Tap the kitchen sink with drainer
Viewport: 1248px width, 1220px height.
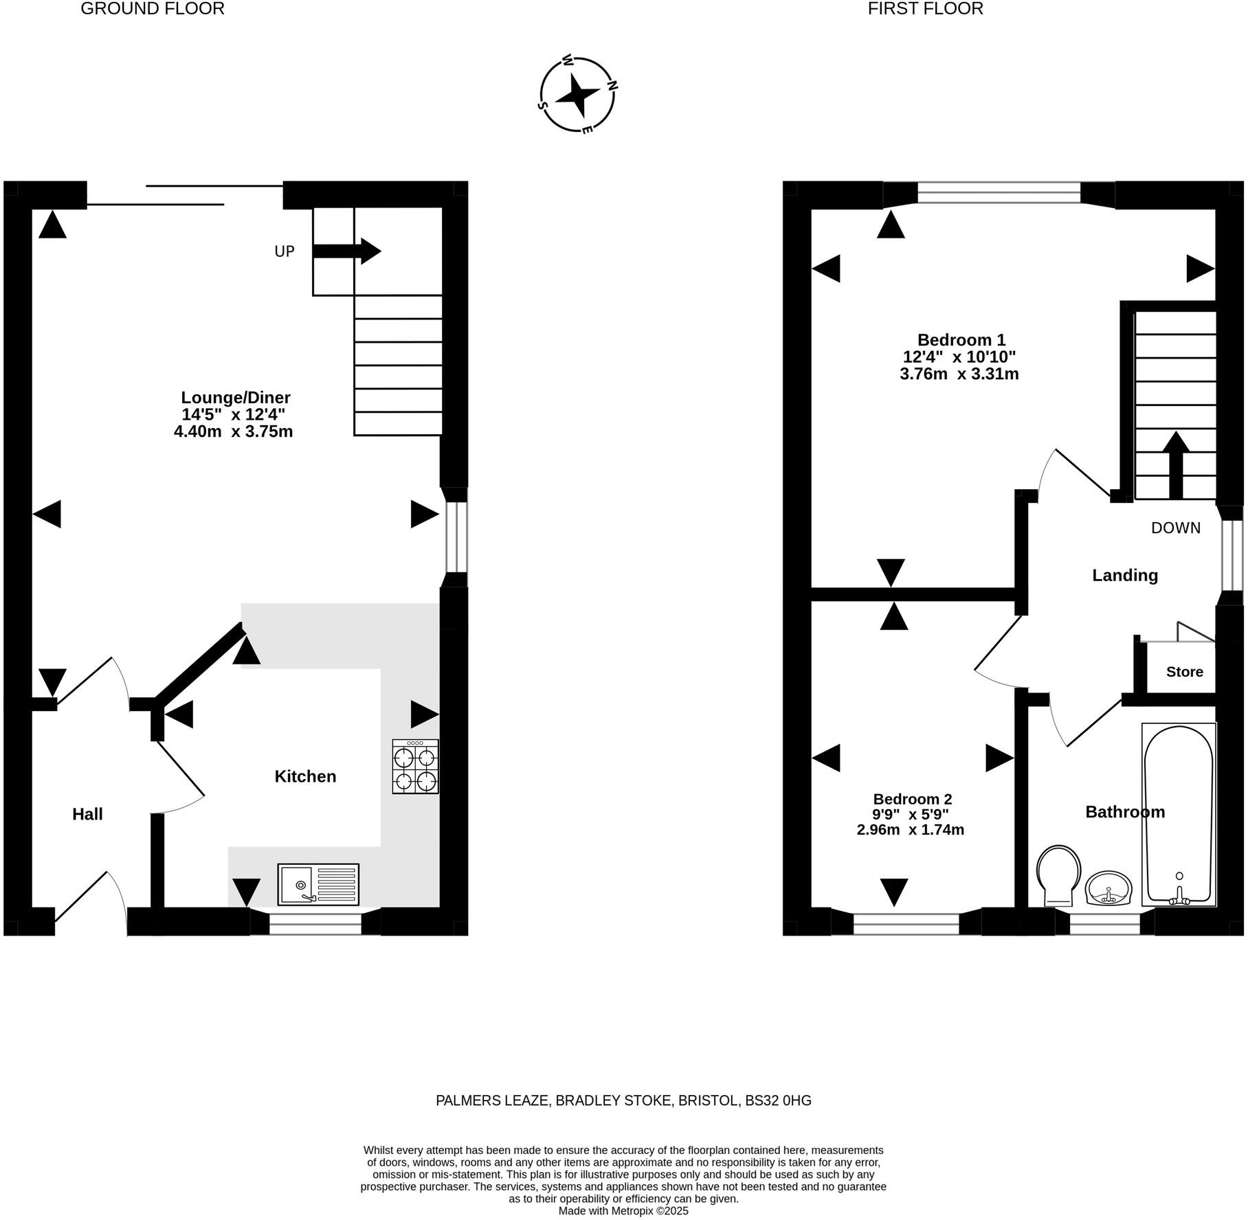coord(318,884)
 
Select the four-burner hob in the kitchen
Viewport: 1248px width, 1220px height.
coord(415,766)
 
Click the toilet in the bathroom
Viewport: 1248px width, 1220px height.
coord(1058,874)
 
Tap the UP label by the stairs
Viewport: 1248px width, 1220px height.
coord(285,251)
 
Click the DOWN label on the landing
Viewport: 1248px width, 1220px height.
coord(1176,528)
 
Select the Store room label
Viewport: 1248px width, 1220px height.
coord(1184,672)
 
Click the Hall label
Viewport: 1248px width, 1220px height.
coord(87,814)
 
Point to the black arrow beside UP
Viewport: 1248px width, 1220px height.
coord(346,251)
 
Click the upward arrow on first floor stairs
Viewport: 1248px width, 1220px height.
coord(1176,464)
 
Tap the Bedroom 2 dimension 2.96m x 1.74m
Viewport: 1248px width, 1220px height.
coord(910,830)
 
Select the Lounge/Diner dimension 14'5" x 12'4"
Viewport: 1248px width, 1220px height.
coord(233,414)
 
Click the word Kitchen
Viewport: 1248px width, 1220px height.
coord(305,776)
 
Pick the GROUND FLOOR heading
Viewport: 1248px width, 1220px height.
coord(153,9)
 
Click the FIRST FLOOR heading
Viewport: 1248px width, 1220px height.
coord(925,9)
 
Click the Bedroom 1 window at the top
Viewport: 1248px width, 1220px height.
coord(999,193)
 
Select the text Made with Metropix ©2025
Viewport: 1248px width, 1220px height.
coord(623,1211)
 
